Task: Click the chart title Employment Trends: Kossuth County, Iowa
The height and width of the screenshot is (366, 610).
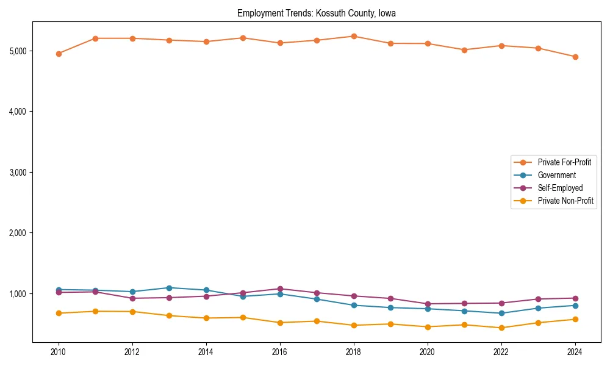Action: [317, 13]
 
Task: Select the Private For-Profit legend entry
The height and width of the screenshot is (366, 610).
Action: [564, 162]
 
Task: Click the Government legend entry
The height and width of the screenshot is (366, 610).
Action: [556, 175]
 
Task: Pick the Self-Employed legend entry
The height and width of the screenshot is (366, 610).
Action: [560, 188]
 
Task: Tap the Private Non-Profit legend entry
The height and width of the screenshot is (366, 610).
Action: [565, 201]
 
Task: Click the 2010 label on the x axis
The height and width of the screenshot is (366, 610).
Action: [59, 352]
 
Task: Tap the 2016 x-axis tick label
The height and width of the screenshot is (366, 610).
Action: [280, 352]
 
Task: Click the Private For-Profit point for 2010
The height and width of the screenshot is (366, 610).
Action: [59, 54]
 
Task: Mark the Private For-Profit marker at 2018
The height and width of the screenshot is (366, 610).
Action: [354, 37]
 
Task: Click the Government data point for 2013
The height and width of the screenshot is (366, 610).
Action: [169, 288]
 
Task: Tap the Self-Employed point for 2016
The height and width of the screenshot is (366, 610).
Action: [280, 289]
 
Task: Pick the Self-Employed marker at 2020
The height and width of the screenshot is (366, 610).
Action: [428, 304]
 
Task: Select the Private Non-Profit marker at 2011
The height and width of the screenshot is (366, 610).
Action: [95, 311]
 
